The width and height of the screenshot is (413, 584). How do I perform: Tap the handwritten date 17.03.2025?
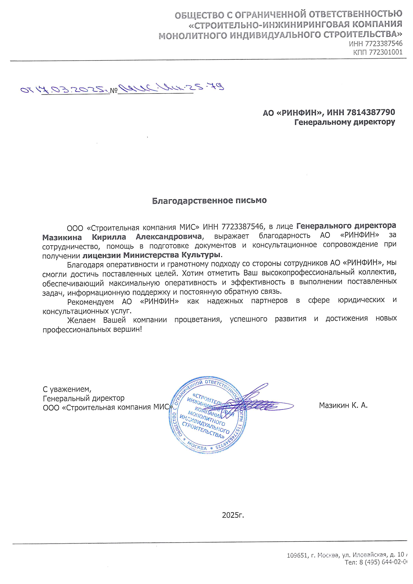[x=74, y=90]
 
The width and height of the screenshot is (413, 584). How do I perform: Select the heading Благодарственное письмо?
[x=209, y=201]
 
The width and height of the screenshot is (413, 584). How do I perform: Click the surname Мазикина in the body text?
[x=62, y=237]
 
